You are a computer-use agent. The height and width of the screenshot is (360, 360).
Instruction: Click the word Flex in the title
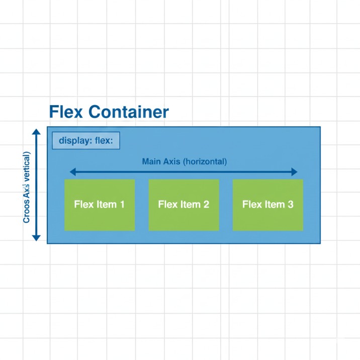66,112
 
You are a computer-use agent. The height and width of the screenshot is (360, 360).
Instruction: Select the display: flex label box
86,141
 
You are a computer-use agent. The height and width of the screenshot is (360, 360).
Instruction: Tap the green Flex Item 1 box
100,205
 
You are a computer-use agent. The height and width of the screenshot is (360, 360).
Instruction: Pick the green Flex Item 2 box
184,205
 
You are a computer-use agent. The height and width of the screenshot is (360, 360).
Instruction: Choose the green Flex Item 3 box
267,205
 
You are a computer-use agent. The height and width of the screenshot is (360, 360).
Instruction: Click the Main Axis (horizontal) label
184,162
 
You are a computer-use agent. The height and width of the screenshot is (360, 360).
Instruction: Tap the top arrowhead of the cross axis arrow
36,132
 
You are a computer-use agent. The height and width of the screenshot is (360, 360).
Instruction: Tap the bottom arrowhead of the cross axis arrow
36,237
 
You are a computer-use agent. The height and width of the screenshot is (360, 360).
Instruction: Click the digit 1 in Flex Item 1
122,205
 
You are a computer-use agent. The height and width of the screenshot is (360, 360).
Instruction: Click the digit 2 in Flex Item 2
206,205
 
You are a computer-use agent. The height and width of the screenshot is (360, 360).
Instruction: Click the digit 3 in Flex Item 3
290,205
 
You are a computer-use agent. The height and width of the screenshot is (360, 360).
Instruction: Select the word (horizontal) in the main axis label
205,162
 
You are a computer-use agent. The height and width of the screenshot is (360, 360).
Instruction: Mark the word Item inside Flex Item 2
191,205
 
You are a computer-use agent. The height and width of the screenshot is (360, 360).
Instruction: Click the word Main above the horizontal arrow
151,162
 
